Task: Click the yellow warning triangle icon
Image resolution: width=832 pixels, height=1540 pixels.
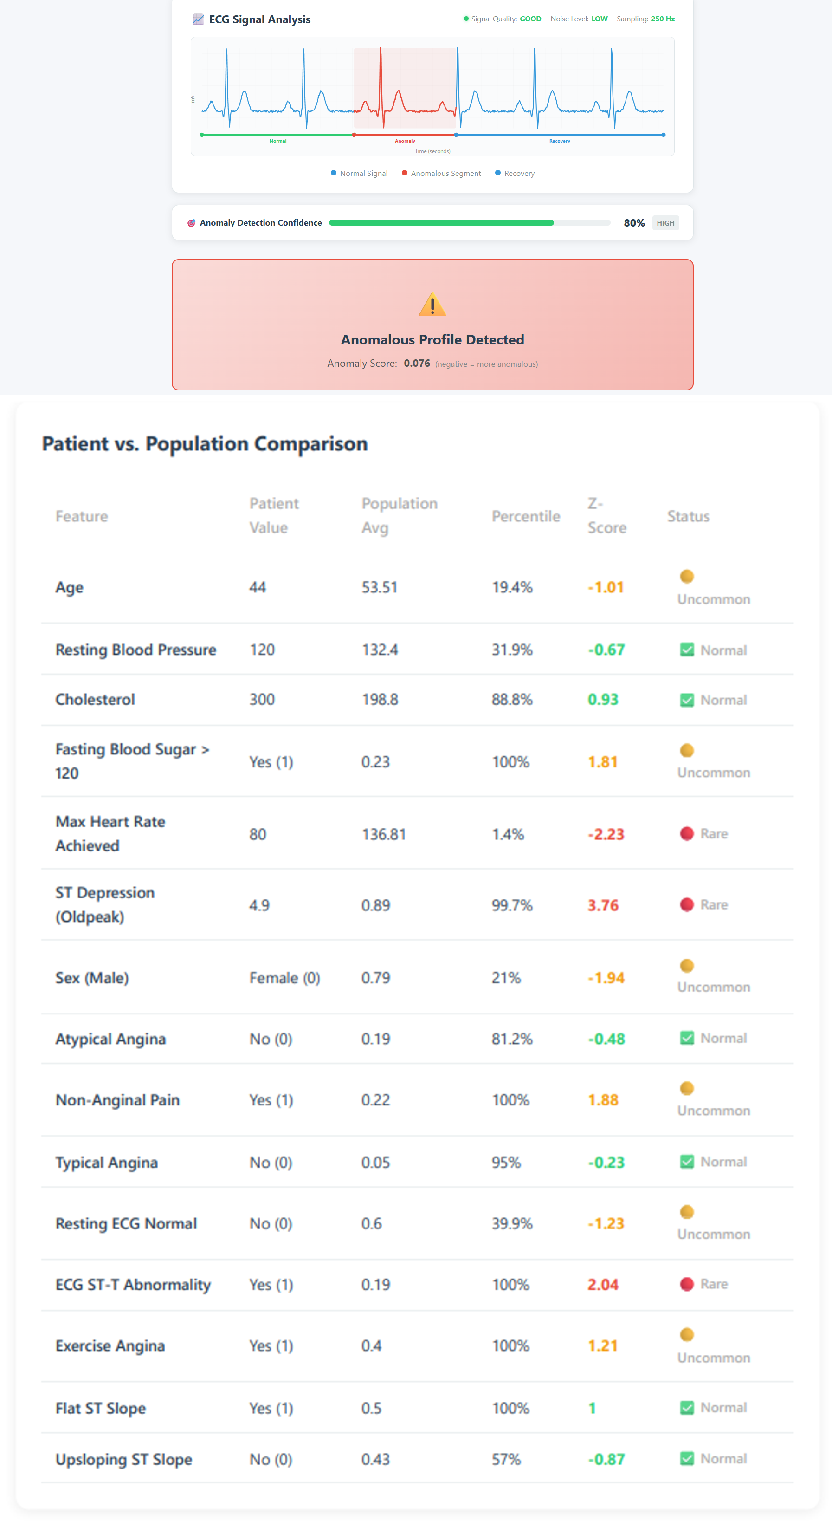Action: [432, 305]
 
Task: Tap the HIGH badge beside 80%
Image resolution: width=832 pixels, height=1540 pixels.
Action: [665, 223]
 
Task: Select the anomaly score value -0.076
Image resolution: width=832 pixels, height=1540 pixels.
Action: [415, 364]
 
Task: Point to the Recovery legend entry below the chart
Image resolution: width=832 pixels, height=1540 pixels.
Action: [515, 173]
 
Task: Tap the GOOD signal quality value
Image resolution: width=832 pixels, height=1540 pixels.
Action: [530, 19]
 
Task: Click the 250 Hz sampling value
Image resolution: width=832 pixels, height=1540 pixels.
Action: [662, 19]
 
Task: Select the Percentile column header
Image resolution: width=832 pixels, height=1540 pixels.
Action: [525, 516]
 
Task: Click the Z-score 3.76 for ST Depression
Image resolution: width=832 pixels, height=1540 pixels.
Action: [602, 905]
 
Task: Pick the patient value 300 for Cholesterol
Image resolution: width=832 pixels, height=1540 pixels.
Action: [262, 700]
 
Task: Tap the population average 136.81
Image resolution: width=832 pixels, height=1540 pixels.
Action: [384, 834]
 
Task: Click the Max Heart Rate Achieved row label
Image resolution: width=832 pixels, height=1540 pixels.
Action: [110, 833]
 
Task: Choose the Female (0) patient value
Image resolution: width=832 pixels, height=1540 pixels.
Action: [284, 978]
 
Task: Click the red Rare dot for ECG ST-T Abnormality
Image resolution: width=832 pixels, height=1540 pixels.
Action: [687, 1284]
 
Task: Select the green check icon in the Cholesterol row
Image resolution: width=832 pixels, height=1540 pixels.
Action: [687, 700]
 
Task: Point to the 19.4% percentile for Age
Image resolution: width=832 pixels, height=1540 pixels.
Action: [512, 587]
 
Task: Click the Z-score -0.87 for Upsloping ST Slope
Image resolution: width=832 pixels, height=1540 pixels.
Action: [606, 1459]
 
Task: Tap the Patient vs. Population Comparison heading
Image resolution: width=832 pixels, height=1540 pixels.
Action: [205, 443]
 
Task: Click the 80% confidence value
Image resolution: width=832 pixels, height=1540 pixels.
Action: [633, 223]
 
